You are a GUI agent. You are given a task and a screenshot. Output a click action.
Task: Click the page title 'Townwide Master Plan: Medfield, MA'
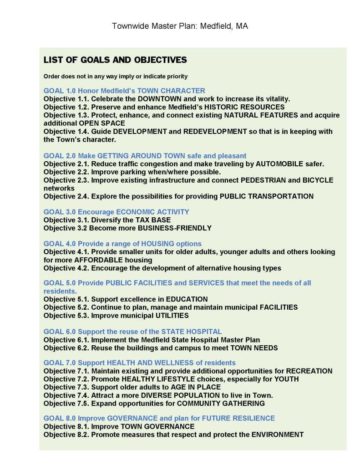click(180, 26)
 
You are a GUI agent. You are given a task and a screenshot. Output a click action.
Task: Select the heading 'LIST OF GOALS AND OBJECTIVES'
click(115, 60)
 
